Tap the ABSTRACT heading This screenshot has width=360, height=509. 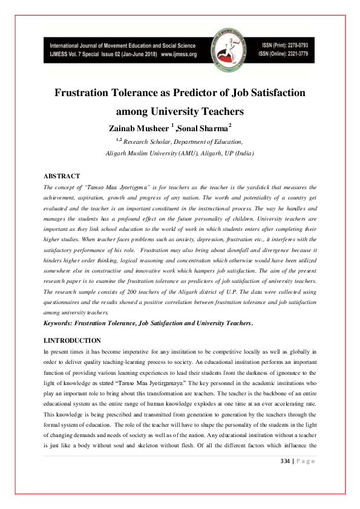[x=62, y=176]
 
